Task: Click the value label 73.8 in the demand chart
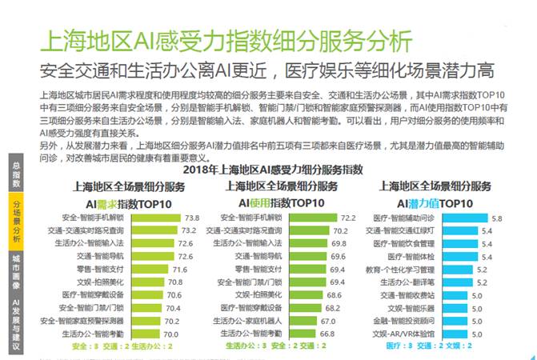tap(192, 218)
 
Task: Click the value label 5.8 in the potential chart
tap(497, 218)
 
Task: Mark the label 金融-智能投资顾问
tap(404, 320)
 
